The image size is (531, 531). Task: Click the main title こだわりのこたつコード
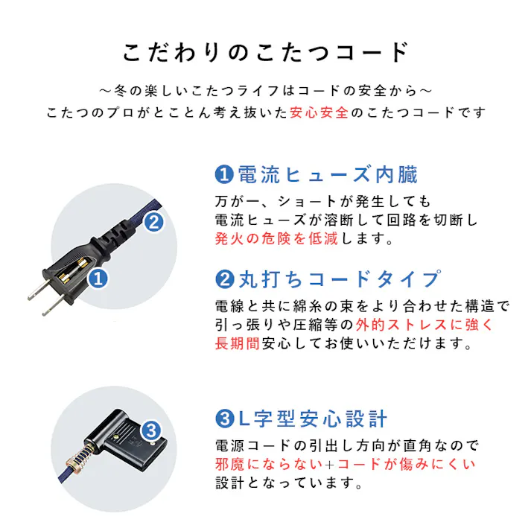[x=265, y=53]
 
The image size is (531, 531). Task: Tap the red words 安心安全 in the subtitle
[x=319, y=112]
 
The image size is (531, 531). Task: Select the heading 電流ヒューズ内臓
[x=327, y=175]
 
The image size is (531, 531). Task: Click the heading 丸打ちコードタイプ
[x=338, y=279]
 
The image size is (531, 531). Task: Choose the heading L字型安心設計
[x=312, y=419]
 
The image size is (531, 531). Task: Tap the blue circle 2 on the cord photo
[x=153, y=221]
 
